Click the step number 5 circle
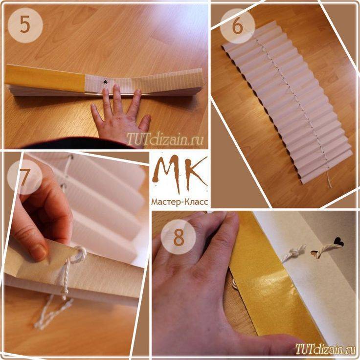point(25,25)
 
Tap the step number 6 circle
point(237,26)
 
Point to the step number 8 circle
point(179,237)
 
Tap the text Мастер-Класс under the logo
point(180,202)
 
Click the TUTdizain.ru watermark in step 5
point(165,138)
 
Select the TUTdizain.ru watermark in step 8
point(326,349)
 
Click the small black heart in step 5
point(105,82)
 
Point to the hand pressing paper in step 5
point(120,113)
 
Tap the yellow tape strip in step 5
point(45,78)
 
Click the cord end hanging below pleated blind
point(329,180)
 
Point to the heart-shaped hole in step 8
point(339,242)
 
